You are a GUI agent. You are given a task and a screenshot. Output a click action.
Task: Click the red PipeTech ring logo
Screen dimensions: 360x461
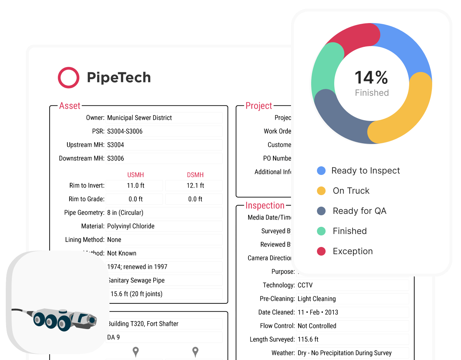[x=68, y=77]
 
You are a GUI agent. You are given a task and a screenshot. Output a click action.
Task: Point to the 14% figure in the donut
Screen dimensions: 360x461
[x=371, y=78]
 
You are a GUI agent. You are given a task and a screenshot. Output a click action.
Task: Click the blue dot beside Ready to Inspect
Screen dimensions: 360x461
[x=321, y=171]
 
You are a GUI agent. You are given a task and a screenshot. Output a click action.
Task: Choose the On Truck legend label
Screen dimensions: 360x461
[x=351, y=191]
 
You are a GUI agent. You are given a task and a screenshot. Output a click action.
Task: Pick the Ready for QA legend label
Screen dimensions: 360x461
[x=359, y=211]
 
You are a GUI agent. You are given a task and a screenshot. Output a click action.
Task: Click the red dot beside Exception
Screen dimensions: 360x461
[x=321, y=251]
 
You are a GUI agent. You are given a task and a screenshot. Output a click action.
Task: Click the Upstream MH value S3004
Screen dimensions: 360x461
[x=116, y=145]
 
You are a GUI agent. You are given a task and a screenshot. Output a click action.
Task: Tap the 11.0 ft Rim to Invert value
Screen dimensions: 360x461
[x=135, y=185]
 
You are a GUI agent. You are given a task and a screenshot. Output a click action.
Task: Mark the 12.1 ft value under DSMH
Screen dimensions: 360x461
[x=195, y=185]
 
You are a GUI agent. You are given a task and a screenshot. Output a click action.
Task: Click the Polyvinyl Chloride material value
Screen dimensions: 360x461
[x=131, y=226]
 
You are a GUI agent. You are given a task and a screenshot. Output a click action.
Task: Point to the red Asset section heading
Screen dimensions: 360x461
[x=70, y=106]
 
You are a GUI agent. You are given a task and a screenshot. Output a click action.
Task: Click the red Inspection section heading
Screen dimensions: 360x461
[x=265, y=206]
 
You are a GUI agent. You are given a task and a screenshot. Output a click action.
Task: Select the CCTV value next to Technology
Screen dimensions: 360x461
[x=305, y=285]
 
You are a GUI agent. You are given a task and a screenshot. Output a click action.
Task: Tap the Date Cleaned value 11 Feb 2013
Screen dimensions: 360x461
[x=318, y=312]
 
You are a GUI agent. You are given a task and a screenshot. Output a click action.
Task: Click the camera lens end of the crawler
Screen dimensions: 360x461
[x=92, y=320]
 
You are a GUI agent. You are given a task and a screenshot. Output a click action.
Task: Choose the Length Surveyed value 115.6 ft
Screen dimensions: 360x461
[x=308, y=339]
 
